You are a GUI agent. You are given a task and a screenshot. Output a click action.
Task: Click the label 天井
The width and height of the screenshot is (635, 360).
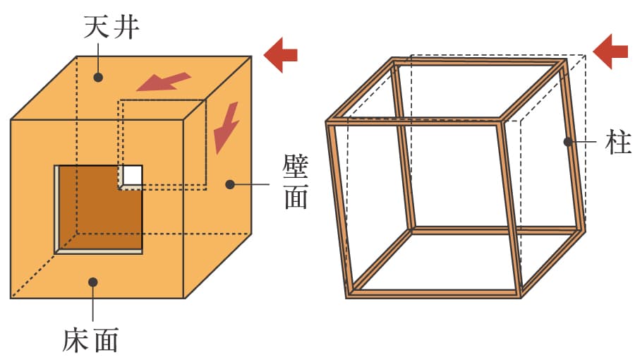[111, 27]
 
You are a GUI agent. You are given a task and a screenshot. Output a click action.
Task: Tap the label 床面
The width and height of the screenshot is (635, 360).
[90, 340]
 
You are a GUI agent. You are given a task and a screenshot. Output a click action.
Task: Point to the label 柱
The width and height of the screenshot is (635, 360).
[618, 142]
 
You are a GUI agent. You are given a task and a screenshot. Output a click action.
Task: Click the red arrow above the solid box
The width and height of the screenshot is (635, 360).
[281, 55]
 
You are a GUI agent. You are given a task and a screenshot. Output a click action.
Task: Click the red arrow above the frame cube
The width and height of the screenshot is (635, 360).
[610, 52]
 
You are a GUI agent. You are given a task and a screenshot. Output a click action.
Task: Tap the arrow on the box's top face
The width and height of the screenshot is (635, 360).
[164, 81]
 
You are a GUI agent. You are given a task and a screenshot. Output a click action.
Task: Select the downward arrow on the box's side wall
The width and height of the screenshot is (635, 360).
[226, 128]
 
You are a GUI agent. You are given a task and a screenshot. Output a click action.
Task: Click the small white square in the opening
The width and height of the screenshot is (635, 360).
[133, 175]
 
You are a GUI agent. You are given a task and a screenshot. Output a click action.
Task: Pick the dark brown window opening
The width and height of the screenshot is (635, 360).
[100, 208]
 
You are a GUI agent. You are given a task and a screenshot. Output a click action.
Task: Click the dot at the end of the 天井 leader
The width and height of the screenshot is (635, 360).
[98, 77]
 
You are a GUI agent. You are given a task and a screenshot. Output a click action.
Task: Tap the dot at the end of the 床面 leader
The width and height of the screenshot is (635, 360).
[93, 282]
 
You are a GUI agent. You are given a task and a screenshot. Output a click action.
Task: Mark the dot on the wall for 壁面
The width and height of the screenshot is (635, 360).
[230, 185]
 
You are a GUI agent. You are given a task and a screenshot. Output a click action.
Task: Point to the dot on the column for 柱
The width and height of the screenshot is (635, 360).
[568, 142]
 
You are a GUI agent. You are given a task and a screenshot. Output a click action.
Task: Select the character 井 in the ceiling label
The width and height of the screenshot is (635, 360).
[126, 27]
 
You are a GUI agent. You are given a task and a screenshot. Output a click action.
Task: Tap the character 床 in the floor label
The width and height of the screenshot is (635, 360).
[75, 340]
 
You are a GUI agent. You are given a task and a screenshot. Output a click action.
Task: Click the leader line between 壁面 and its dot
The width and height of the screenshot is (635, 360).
[252, 185]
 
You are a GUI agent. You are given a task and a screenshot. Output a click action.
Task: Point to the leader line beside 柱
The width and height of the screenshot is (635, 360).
[584, 142]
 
